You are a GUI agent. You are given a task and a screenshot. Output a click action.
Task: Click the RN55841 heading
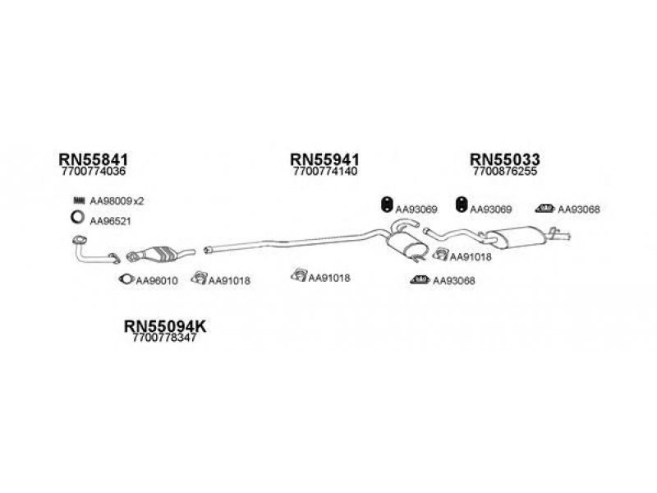tap(93, 159)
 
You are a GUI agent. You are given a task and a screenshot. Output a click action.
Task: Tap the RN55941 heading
tap(324, 159)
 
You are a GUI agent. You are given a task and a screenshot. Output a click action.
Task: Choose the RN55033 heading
tap(505, 159)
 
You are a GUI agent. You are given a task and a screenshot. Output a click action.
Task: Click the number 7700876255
tap(504, 172)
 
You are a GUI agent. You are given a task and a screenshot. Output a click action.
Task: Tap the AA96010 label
tap(157, 281)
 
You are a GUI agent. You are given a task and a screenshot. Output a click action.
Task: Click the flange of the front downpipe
tap(79, 240)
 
